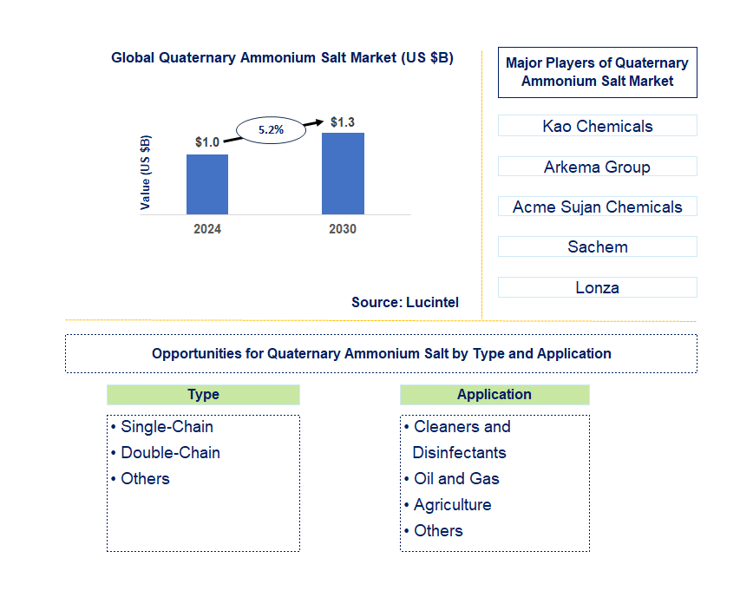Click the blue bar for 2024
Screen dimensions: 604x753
pyautogui.click(x=207, y=184)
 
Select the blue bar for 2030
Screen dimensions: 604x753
pyautogui.click(x=343, y=174)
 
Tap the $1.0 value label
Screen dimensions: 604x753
pyautogui.click(x=206, y=142)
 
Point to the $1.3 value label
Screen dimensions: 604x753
pyautogui.click(x=343, y=121)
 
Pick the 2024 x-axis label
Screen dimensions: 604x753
pyautogui.click(x=207, y=229)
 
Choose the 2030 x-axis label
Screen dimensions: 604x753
pyautogui.click(x=343, y=229)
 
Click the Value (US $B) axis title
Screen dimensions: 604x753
pyautogui.click(x=146, y=172)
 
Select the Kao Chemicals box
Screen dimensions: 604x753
pyautogui.click(x=597, y=126)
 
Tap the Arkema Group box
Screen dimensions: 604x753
pyautogui.click(x=597, y=167)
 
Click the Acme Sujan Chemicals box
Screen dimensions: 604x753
pyautogui.click(x=597, y=207)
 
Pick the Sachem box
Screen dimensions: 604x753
pyautogui.click(x=597, y=246)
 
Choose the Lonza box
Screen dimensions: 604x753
pyautogui.click(x=597, y=287)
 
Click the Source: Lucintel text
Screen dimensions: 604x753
pyautogui.click(x=405, y=302)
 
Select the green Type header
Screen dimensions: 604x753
pyautogui.click(x=203, y=395)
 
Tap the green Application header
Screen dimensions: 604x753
pyautogui.click(x=494, y=395)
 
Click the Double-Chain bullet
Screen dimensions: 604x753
pyautogui.click(x=170, y=453)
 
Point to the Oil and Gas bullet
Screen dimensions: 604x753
pyautogui.click(x=456, y=479)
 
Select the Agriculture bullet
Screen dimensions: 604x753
pyautogui.click(x=452, y=505)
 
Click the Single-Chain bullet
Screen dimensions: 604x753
pyautogui.click(x=167, y=427)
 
